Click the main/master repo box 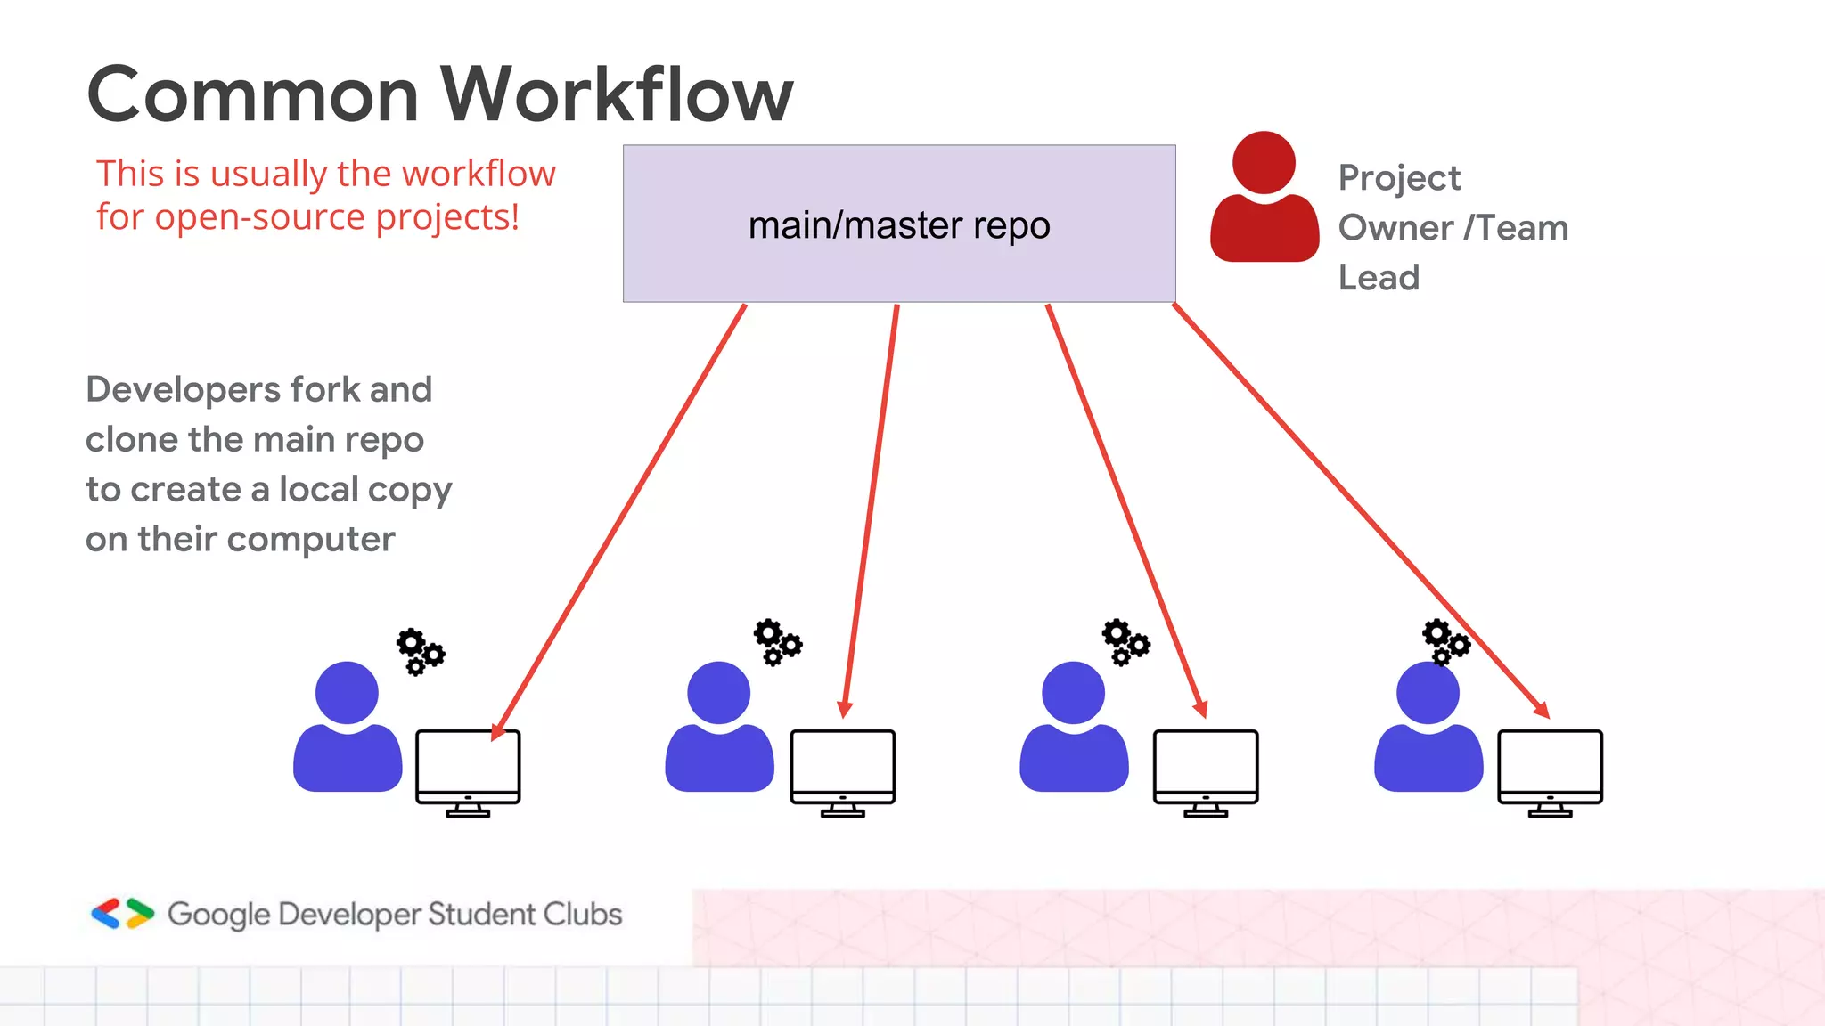898,224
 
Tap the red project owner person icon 1264,198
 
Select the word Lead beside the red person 1379,278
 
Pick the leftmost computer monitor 468,771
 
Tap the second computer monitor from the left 842,771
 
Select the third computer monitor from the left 1205,771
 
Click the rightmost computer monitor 1550,771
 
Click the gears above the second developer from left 777,642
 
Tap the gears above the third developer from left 1125,642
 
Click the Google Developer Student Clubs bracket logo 123,914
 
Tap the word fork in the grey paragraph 325,390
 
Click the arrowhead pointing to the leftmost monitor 498,731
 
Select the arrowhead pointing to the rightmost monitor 1542,710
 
